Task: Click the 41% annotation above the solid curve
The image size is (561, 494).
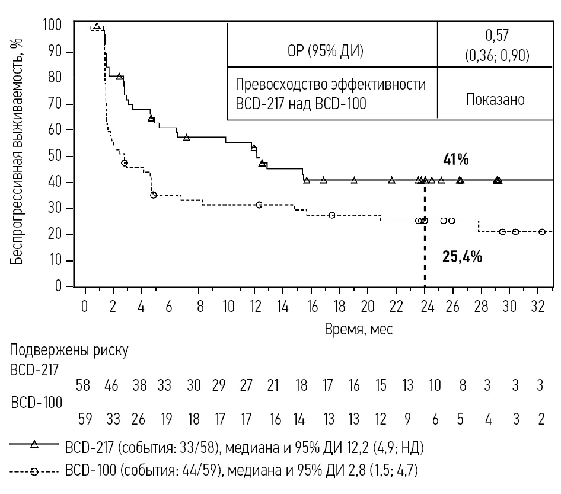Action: tap(456, 160)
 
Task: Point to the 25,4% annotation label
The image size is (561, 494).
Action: tap(462, 257)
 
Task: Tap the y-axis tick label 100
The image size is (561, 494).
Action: tap(53, 26)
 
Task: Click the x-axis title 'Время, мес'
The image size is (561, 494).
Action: tap(358, 328)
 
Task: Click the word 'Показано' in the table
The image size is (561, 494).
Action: tap(496, 99)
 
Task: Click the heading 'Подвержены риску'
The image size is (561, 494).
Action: tap(69, 350)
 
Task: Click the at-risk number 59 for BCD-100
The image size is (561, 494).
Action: tap(85, 419)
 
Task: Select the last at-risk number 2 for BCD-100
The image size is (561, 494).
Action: tap(541, 419)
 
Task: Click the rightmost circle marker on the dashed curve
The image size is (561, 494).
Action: tap(542, 232)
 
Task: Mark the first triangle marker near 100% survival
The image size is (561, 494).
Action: tap(97, 26)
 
